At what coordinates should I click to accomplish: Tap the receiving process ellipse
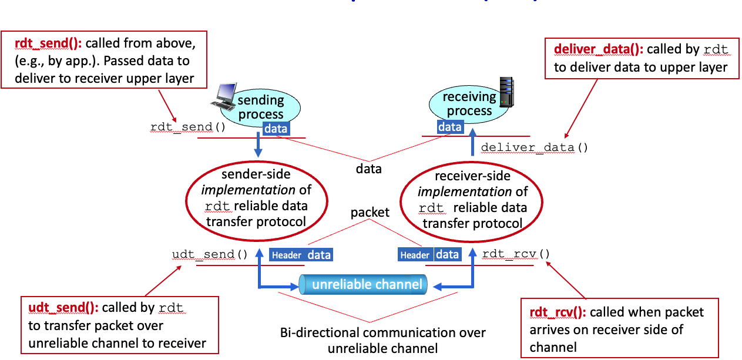467,103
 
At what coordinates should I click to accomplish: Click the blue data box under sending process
276,129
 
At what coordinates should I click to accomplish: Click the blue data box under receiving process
450,127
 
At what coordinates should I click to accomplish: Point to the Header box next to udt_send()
287,255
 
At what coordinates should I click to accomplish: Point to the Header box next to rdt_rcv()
415,255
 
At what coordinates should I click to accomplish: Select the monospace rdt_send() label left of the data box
188,127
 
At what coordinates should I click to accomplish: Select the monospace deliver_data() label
534,147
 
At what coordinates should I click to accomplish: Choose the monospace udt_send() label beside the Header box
210,255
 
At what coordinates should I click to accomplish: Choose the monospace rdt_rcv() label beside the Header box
516,254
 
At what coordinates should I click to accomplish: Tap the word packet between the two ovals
370,213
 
